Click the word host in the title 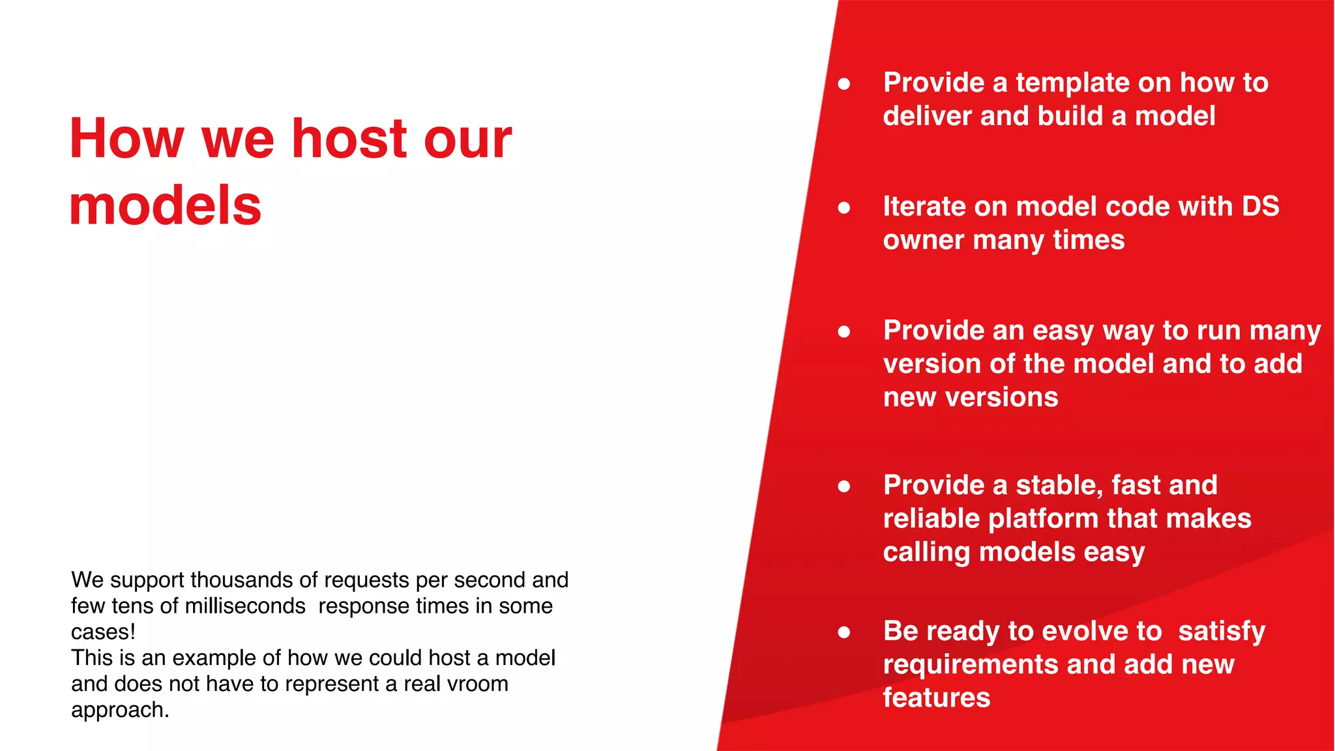(x=350, y=138)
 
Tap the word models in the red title (x=165, y=206)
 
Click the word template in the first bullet (x=1073, y=83)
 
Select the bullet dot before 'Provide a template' (x=844, y=83)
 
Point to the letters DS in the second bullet (x=1260, y=207)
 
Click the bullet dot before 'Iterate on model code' (x=844, y=207)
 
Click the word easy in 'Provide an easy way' (x=1063, y=331)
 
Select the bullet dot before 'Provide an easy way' (x=844, y=331)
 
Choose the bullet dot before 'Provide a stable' (x=844, y=486)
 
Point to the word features (x=936, y=698)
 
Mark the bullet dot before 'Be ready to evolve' (x=844, y=632)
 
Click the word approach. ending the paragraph (x=120, y=710)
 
